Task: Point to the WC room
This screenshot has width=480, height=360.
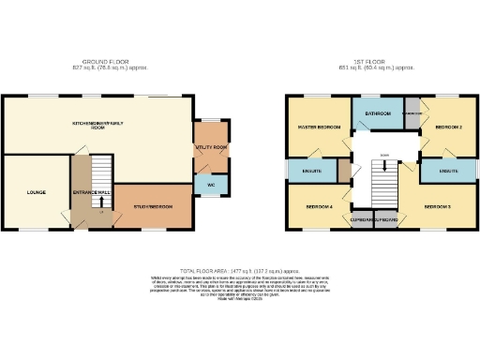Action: coord(211,186)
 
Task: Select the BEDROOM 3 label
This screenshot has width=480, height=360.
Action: coord(438,204)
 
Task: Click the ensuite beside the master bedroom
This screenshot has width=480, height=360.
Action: coord(312,172)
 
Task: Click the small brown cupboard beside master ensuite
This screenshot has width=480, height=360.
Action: coord(345,172)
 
